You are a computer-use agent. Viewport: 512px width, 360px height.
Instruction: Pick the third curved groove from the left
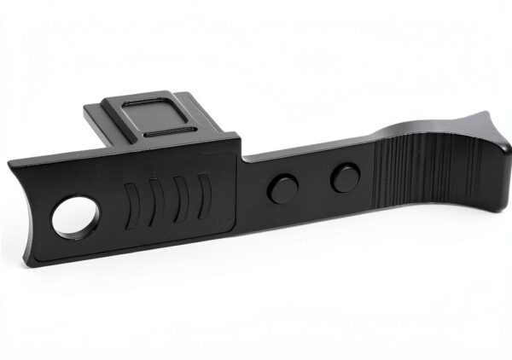(x=179, y=200)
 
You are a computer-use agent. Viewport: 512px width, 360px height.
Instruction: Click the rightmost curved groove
(x=203, y=196)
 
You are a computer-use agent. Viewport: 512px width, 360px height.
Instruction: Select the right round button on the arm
(x=343, y=178)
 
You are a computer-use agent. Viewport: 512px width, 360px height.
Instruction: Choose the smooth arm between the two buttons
(x=311, y=183)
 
